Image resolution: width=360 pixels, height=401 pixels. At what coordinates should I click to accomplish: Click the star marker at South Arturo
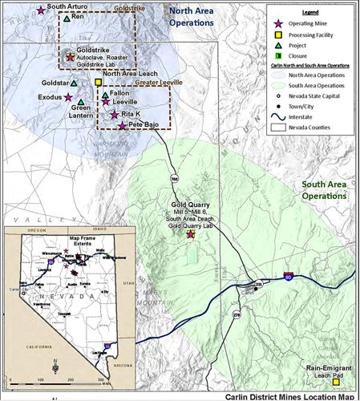coord(41,11)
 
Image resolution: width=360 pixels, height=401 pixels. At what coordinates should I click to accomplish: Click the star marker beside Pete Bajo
coord(122,126)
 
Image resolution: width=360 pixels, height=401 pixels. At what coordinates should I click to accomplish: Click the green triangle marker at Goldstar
coord(74,83)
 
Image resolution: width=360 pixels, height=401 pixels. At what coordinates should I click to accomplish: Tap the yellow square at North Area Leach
coord(99,82)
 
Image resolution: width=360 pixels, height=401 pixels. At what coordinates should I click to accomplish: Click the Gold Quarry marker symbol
coord(190,234)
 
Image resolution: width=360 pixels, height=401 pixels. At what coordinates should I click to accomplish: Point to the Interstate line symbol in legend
coord(278,115)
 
